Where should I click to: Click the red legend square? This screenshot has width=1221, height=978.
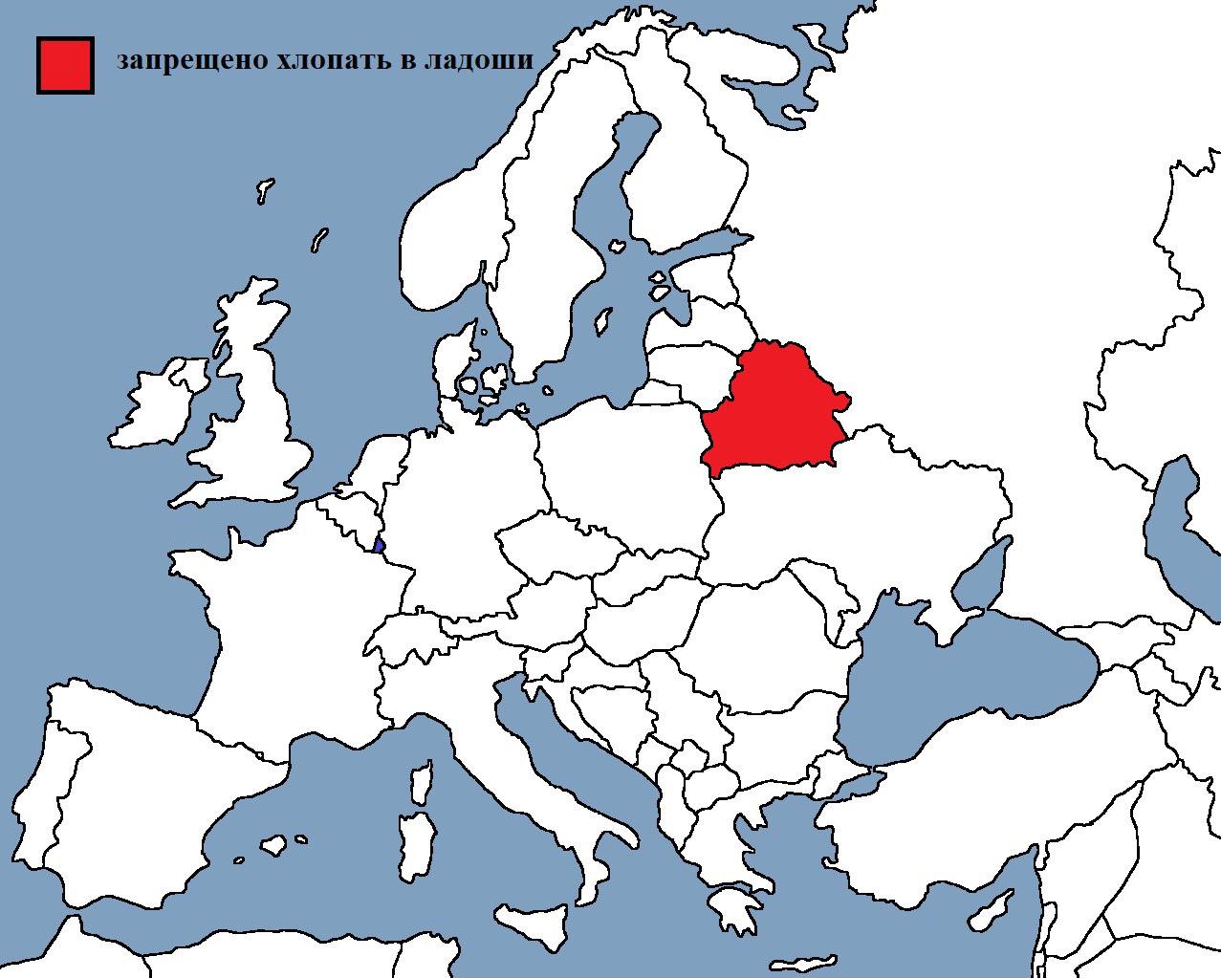pos(65,65)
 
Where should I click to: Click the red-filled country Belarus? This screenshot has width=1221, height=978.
pos(775,411)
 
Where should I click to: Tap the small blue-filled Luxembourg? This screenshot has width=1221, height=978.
pos(380,546)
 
